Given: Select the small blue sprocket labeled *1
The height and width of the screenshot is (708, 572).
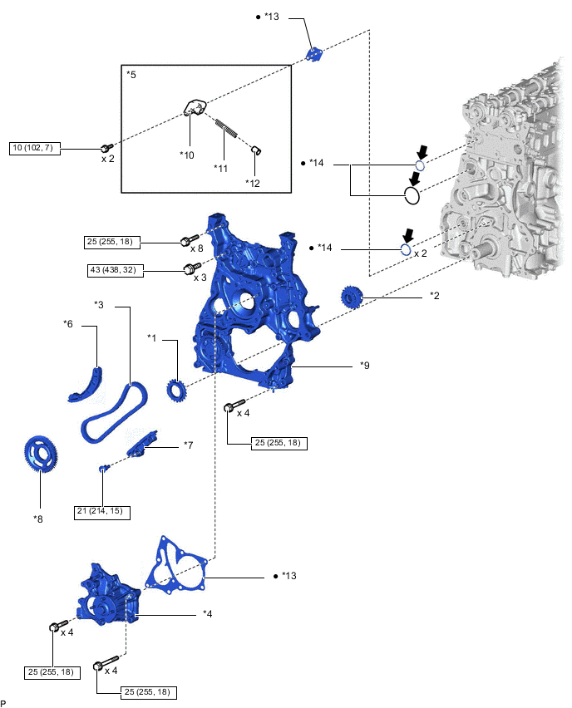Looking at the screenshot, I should coord(176,389).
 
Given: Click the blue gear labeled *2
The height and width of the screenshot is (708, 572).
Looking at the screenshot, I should coord(353,296).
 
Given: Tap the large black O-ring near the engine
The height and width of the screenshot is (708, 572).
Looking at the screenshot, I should coord(410,196).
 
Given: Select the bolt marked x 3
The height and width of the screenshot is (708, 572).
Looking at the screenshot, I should coord(189,268).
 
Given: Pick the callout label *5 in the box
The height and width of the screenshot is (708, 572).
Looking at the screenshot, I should coord(131,75).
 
